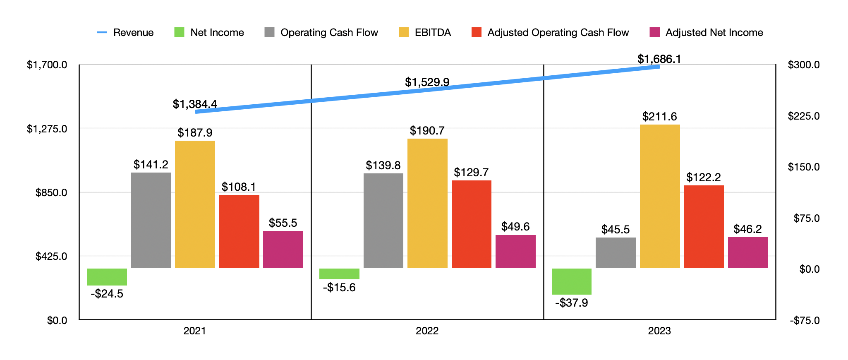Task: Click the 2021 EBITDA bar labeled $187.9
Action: click(x=195, y=204)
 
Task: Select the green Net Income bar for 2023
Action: click(x=571, y=281)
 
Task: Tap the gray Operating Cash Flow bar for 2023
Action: click(x=616, y=253)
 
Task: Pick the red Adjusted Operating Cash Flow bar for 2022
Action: click(x=471, y=224)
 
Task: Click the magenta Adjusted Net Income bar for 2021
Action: click(x=283, y=250)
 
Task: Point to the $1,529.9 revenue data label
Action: click(x=427, y=82)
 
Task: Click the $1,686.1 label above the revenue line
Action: click(x=659, y=59)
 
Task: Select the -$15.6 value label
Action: click(x=339, y=288)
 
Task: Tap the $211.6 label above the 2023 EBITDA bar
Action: click(x=659, y=117)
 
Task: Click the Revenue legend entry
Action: click(x=125, y=32)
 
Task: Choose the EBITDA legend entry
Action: click(x=425, y=32)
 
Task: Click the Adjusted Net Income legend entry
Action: click(x=706, y=32)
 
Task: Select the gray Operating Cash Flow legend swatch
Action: click(x=269, y=32)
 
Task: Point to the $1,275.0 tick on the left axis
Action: click(x=47, y=129)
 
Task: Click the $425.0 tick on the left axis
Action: click(x=51, y=256)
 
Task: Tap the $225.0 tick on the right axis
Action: click(x=803, y=116)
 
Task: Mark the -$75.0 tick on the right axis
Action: click(x=805, y=320)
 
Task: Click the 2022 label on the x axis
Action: click(x=427, y=331)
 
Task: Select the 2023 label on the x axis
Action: click(x=659, y=331)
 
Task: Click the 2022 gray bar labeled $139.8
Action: click(x=383, y=221)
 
